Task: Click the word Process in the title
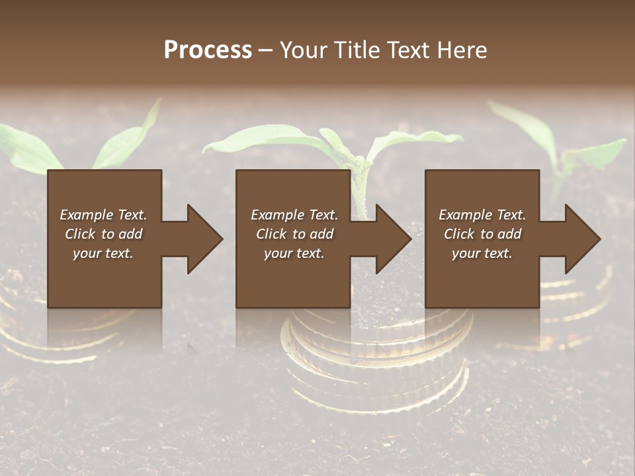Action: (x=208, y=50)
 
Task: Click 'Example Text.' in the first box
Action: (x=103, y=215)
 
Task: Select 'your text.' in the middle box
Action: (x=294, y=253)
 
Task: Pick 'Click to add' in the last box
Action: (x=482, y=234)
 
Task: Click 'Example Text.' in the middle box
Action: (x=294, y=215)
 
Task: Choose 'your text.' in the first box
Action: (x=103, y=253)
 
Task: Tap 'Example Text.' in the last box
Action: (x=482, y=215)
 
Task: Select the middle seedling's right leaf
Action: (x=417, y=139)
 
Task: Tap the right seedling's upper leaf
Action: (x=529, y=126)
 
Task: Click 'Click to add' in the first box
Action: (x=103, y=234)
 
